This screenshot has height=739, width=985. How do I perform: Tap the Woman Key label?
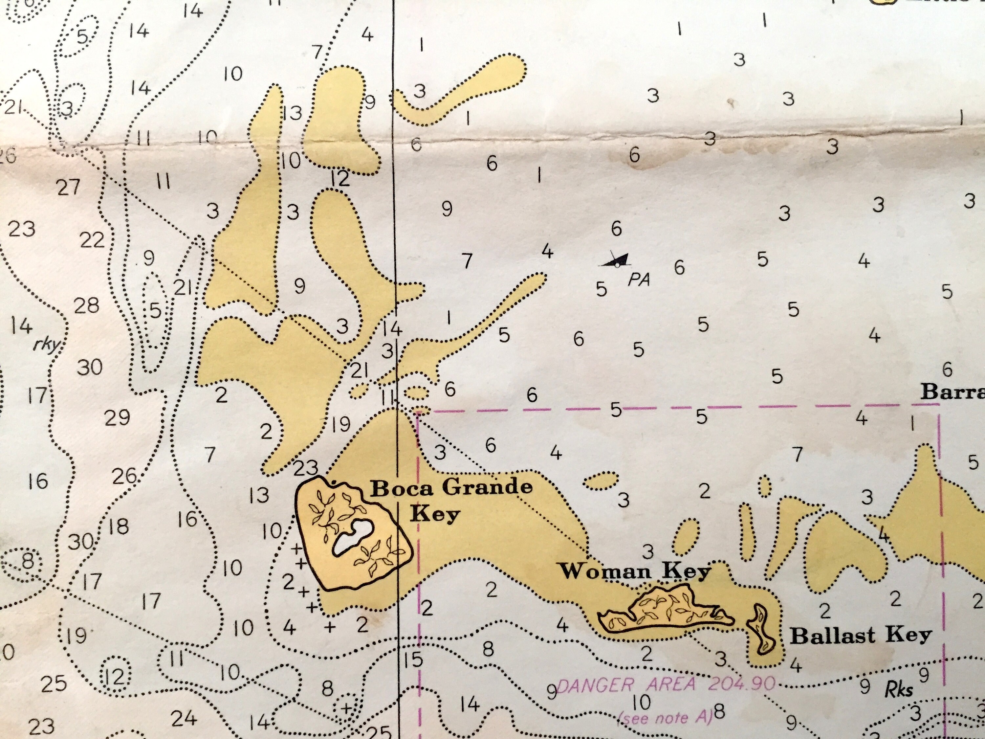tap(635, 571)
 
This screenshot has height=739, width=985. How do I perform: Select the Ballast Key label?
tap(860, 636)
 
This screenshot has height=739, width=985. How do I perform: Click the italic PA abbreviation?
tap(639, 280)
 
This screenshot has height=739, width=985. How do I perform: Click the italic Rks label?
tap(898, 690)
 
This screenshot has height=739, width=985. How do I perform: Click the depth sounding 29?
tap(117, 418)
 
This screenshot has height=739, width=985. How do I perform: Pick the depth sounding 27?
tap(68, 188)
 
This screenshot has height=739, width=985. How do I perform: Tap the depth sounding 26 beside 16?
tap(124, 477)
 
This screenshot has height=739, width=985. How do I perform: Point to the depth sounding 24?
tap(184, 718)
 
